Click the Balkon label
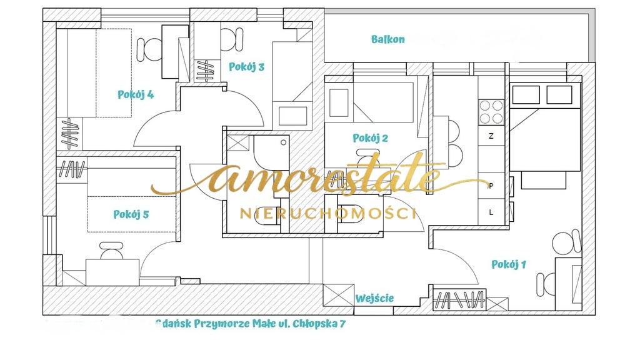(x=387, y=39)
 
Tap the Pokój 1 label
(x=509, y=264)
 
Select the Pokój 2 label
(x=370, y=138)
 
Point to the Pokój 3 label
(x=246, y=67)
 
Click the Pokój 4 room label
(x=136, y=95)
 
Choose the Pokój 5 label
(x=131, y=214)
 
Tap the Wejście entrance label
(x=374, y=298)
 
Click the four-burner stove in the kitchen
(x=491, y=112)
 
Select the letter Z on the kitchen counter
(x=491, y=136)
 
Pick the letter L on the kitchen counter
(x=491, y=212)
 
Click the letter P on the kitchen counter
(x=491, y=186)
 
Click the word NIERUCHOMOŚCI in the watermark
(x=327, y=213)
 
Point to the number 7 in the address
(x=342, y=324)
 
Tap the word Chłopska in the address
(x=315, y=324)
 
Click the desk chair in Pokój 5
(x=111, y=251)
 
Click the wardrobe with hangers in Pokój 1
(x=459, y=299)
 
